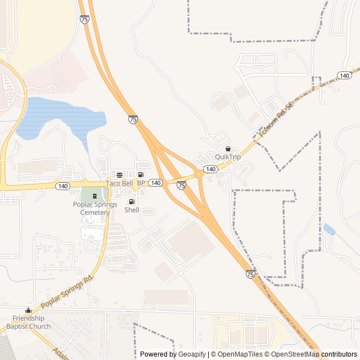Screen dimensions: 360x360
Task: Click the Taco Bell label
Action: pos(120,183)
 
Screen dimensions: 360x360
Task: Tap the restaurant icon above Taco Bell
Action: pos(119,175)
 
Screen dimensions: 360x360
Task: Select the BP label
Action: pos(141,183)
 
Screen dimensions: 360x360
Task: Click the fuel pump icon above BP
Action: pos(141,175)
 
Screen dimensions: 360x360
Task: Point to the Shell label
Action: pos(132,210)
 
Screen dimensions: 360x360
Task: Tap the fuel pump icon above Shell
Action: pos(132,201)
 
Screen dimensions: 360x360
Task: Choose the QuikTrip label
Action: pos(228,157)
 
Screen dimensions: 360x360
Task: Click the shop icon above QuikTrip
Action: pos(228,148)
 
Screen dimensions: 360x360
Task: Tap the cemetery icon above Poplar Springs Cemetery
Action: pos(94,196)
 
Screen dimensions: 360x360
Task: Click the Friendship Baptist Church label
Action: pos(29,322)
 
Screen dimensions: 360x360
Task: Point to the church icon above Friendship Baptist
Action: pos(28,310)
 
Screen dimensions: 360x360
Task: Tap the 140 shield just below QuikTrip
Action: pos(210,169)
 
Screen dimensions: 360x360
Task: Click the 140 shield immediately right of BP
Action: pos(156,183)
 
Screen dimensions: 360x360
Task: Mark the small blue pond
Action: pos(329,229)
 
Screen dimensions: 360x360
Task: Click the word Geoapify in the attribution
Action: pos(192,354)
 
